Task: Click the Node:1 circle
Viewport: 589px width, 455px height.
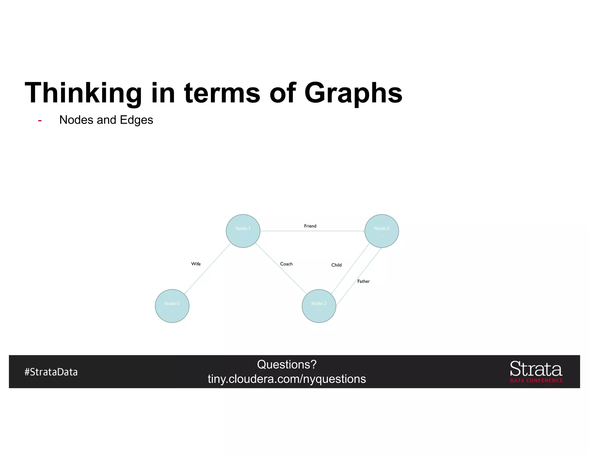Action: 243,231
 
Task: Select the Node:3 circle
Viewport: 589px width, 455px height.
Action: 382,231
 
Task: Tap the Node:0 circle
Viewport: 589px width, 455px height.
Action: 172,306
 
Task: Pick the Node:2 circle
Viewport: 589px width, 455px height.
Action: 319,306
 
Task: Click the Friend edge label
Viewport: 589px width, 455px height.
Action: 310,226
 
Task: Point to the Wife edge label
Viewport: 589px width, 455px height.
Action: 196,264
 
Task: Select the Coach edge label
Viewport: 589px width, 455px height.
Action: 286,264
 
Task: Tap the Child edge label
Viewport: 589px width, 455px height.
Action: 336,265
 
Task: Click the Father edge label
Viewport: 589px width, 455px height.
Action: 363,281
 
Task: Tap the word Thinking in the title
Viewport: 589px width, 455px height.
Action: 83,93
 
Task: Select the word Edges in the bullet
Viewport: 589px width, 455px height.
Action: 136,120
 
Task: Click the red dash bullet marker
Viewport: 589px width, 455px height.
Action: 40,121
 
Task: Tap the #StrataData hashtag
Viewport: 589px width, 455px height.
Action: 51,372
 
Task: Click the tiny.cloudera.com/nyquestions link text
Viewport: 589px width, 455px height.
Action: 287,379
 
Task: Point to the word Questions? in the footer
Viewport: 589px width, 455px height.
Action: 287,364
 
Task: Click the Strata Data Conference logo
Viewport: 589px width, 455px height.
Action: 536,372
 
